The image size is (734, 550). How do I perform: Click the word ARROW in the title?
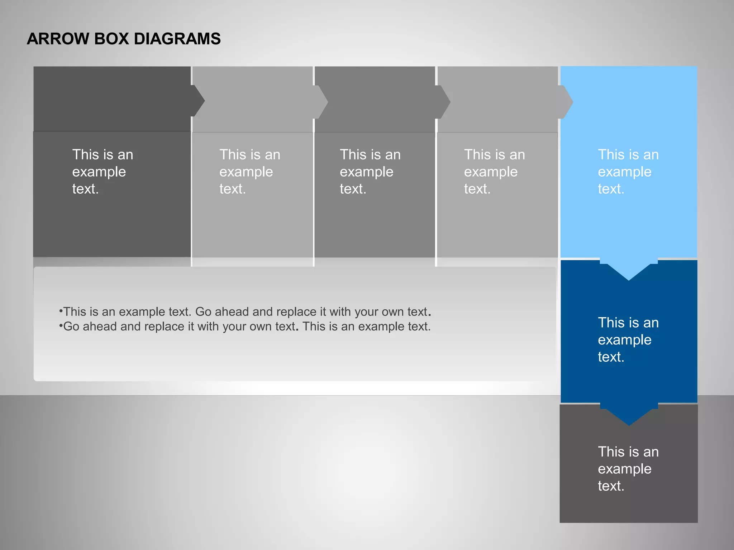[x=58, y=39]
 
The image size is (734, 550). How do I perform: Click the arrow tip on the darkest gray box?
[x=198, y=101]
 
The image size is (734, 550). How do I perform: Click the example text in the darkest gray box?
[x=103, y=172]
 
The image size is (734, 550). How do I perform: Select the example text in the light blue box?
[x=628, y=172]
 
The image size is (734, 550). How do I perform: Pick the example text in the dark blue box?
[x=628, y=339]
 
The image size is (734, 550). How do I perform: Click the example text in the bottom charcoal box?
[x=628, y=469]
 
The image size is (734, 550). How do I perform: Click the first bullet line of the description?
[x=245, y=312]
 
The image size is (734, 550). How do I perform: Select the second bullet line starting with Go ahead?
[x=245, y=327]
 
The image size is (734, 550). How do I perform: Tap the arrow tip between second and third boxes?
[x=322, y=102]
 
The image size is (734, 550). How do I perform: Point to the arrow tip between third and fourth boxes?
[x=444, y=102]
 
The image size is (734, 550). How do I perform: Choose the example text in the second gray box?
[x=249, y=172]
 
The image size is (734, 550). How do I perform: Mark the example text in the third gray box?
[x=370, y=172]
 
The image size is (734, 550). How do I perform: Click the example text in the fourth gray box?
[x=494, y=172]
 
